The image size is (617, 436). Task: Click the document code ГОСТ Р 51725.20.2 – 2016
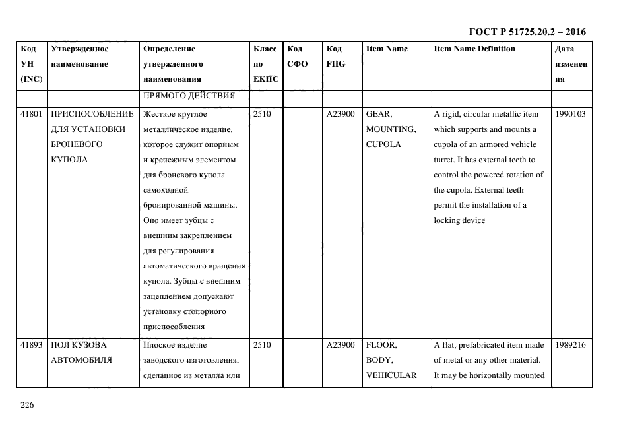(527, 32)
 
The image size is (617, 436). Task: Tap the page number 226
(26, 405)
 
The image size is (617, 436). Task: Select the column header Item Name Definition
(474, 49)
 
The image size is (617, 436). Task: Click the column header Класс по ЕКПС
(265, 64)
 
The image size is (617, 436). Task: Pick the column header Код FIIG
(335, 56)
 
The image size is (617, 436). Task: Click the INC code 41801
(32, 114)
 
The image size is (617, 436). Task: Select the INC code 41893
(32, 345)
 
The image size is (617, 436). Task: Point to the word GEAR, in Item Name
(379, 114)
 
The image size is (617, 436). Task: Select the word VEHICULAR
(391, 375)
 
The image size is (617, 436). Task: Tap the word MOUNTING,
(391, 129)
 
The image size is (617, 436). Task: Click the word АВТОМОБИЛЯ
(81, 360)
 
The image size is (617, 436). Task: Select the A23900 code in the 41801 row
(341, 114)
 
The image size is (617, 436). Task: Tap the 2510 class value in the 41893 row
(262, 345)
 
